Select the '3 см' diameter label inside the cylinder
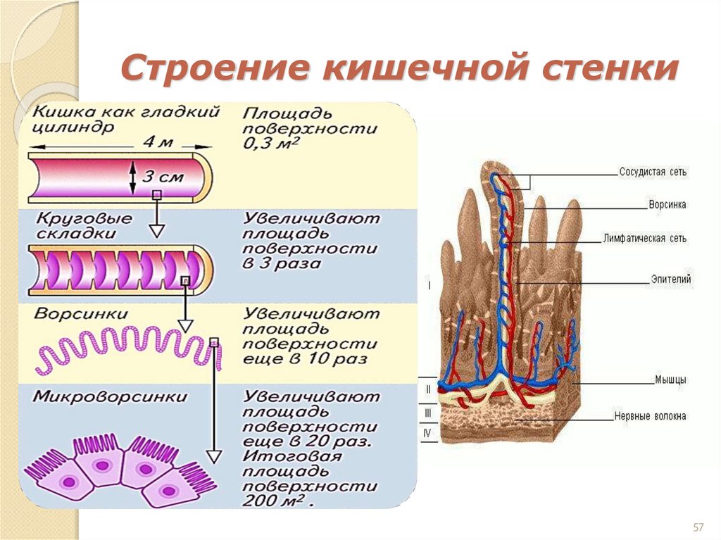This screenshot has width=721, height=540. tap(163, 177)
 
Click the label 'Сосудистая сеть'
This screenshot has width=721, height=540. tap(653, 172)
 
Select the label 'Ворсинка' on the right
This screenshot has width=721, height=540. tap(667, 205)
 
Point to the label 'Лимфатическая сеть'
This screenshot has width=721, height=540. tap(644, 239)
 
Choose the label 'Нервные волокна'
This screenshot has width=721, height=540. tap(649, 416)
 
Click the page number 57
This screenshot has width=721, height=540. tap(699, 527)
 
